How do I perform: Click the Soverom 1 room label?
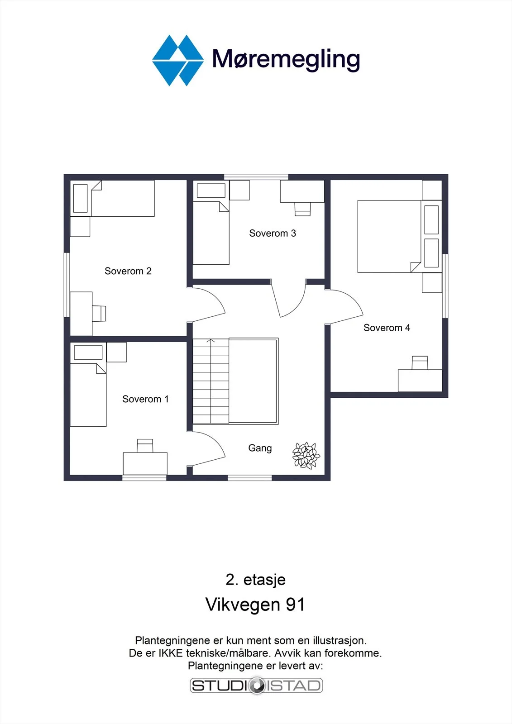pyautogui.click(x=146, y=399)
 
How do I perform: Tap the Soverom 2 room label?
pyautogui.click(x=128, y=271)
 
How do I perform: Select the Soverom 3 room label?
pyautogui.click(x=273, y=233)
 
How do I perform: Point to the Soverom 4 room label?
pyautogui.click(x=387, y=328)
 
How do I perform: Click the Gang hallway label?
pyautogui.click(x=260, y=448)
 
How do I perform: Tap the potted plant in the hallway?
pyautogui.click(x=306, y=455)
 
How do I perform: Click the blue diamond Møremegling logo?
pyautogui.click(x=178, y=61)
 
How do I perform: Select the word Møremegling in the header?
pyautogui.click(x=286, y=60)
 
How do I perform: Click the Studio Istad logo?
pyautogui.click(x=256, y=686)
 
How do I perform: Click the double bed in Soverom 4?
pyautogui.click(x=389, y=236)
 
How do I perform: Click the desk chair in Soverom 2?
pyautogui.click(x=99, y=313)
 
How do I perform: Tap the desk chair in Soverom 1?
pyautogui.click(x=145, y=446)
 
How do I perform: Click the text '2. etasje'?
pyautogui.click(x=255, y=580)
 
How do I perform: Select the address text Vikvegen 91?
pyautogui.click(x=255, y=604)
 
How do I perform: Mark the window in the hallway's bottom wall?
pyautogui.click(x=250, y=478)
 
